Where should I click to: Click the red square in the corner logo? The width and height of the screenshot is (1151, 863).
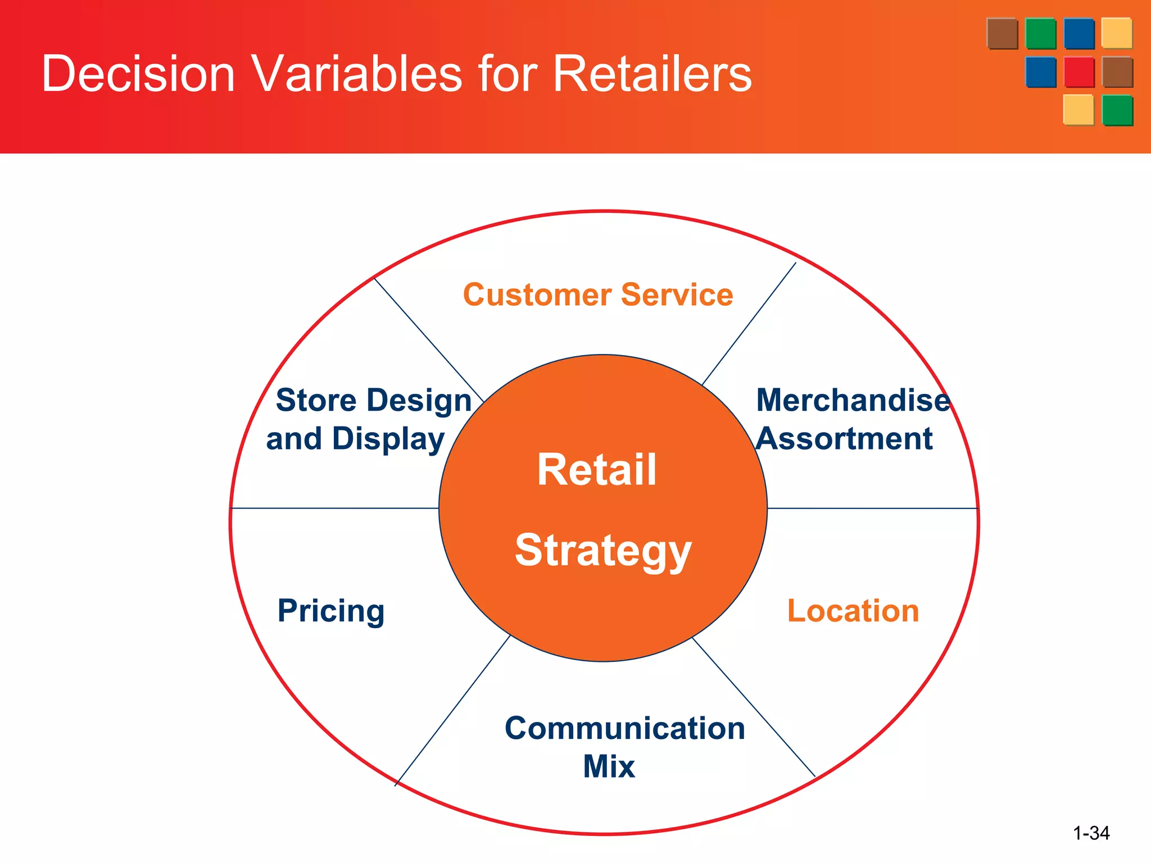(x=1079, y=72)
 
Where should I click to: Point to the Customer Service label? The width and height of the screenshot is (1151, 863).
(x=598, y=294)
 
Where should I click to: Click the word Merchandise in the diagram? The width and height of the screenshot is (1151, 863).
(x=853, y=400)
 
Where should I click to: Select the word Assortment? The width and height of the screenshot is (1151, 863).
(x=844, y=438)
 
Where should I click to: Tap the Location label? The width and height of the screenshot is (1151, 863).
(x=853, y=611)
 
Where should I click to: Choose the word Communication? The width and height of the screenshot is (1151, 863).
(x=624, y=728)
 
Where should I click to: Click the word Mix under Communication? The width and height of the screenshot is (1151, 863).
(x=609, y=766)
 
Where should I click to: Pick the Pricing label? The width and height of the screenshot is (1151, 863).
(x=331, y=611)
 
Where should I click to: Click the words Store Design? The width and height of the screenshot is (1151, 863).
(x=373, y=400)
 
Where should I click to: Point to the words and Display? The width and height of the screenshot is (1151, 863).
(x=355, y=438)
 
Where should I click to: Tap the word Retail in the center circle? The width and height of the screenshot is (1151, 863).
(x=596, y=470)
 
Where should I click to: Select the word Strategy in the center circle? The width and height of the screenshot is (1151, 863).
(x=603, y=551)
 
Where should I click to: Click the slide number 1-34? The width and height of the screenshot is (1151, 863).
(x=1091, y=833)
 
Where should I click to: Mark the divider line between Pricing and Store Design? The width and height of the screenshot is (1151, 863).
(x=335, y=508)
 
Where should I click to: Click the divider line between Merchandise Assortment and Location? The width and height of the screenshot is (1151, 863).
(x=872, y=508)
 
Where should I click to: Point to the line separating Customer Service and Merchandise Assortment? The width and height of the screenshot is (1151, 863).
(x=749, y=324)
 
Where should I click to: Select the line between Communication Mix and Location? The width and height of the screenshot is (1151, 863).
(x=753, y=707)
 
